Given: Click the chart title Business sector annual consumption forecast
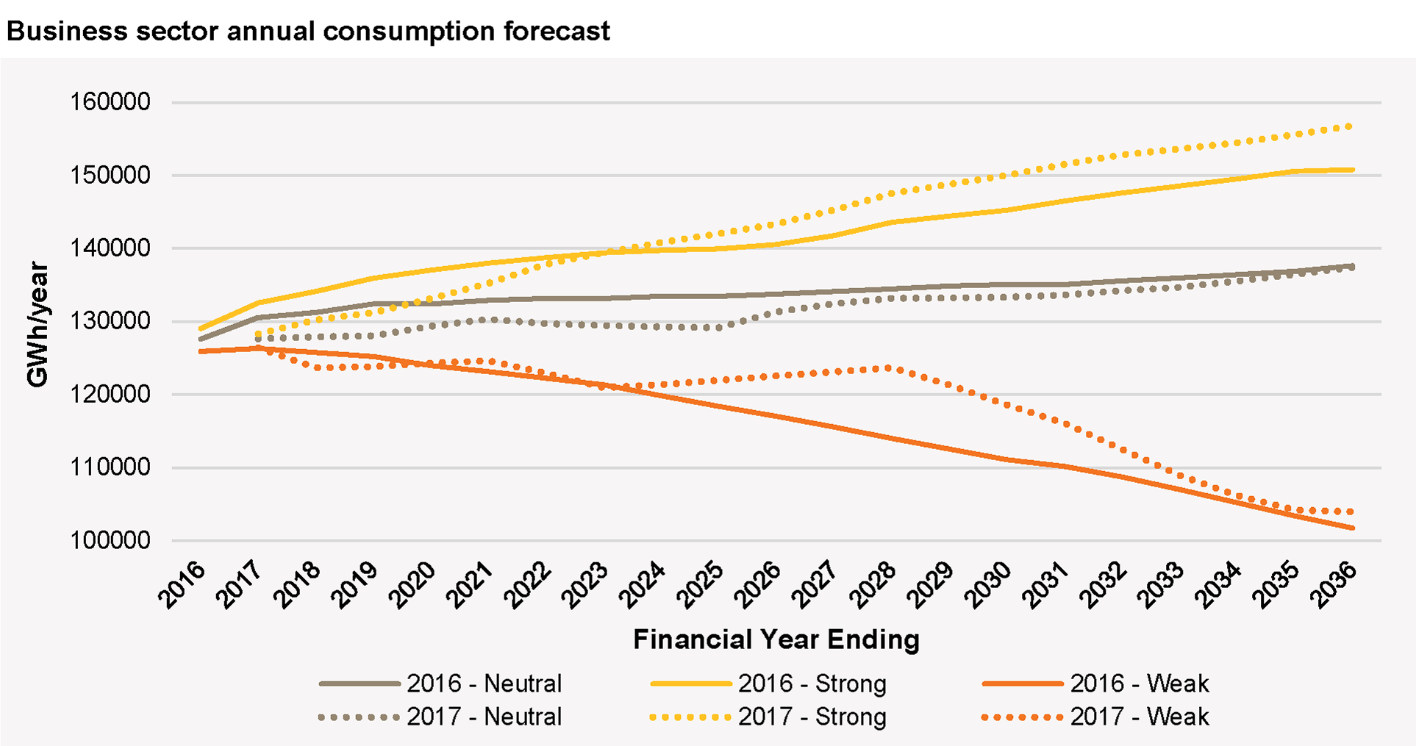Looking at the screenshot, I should pyautogui.click(x=308, y=32).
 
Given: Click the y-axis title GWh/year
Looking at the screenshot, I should pyautogui.click(x=37, y=324).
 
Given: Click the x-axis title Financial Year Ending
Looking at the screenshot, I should pyautogui.click(x=776, y=639).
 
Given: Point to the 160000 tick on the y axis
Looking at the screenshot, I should pyautogui.click(x=110, y=102).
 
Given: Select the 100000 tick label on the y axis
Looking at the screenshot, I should pyautogui.click(x=110, y=541).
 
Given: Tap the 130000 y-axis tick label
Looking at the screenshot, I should pyautogui.click(x=110, y=321).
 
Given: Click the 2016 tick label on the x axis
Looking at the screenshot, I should pyautogui.click(x=182, y=585).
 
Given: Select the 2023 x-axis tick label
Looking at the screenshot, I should pyautogui.click(x=586, y=585).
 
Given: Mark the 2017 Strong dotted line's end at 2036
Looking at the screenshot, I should pyautogui.click(x=1351, y=126).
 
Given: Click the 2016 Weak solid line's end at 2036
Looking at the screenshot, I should pyautogui.click(x=1352, y=528).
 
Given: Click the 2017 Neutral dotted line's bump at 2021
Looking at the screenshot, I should pyautogui.click(x=488, y=319).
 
